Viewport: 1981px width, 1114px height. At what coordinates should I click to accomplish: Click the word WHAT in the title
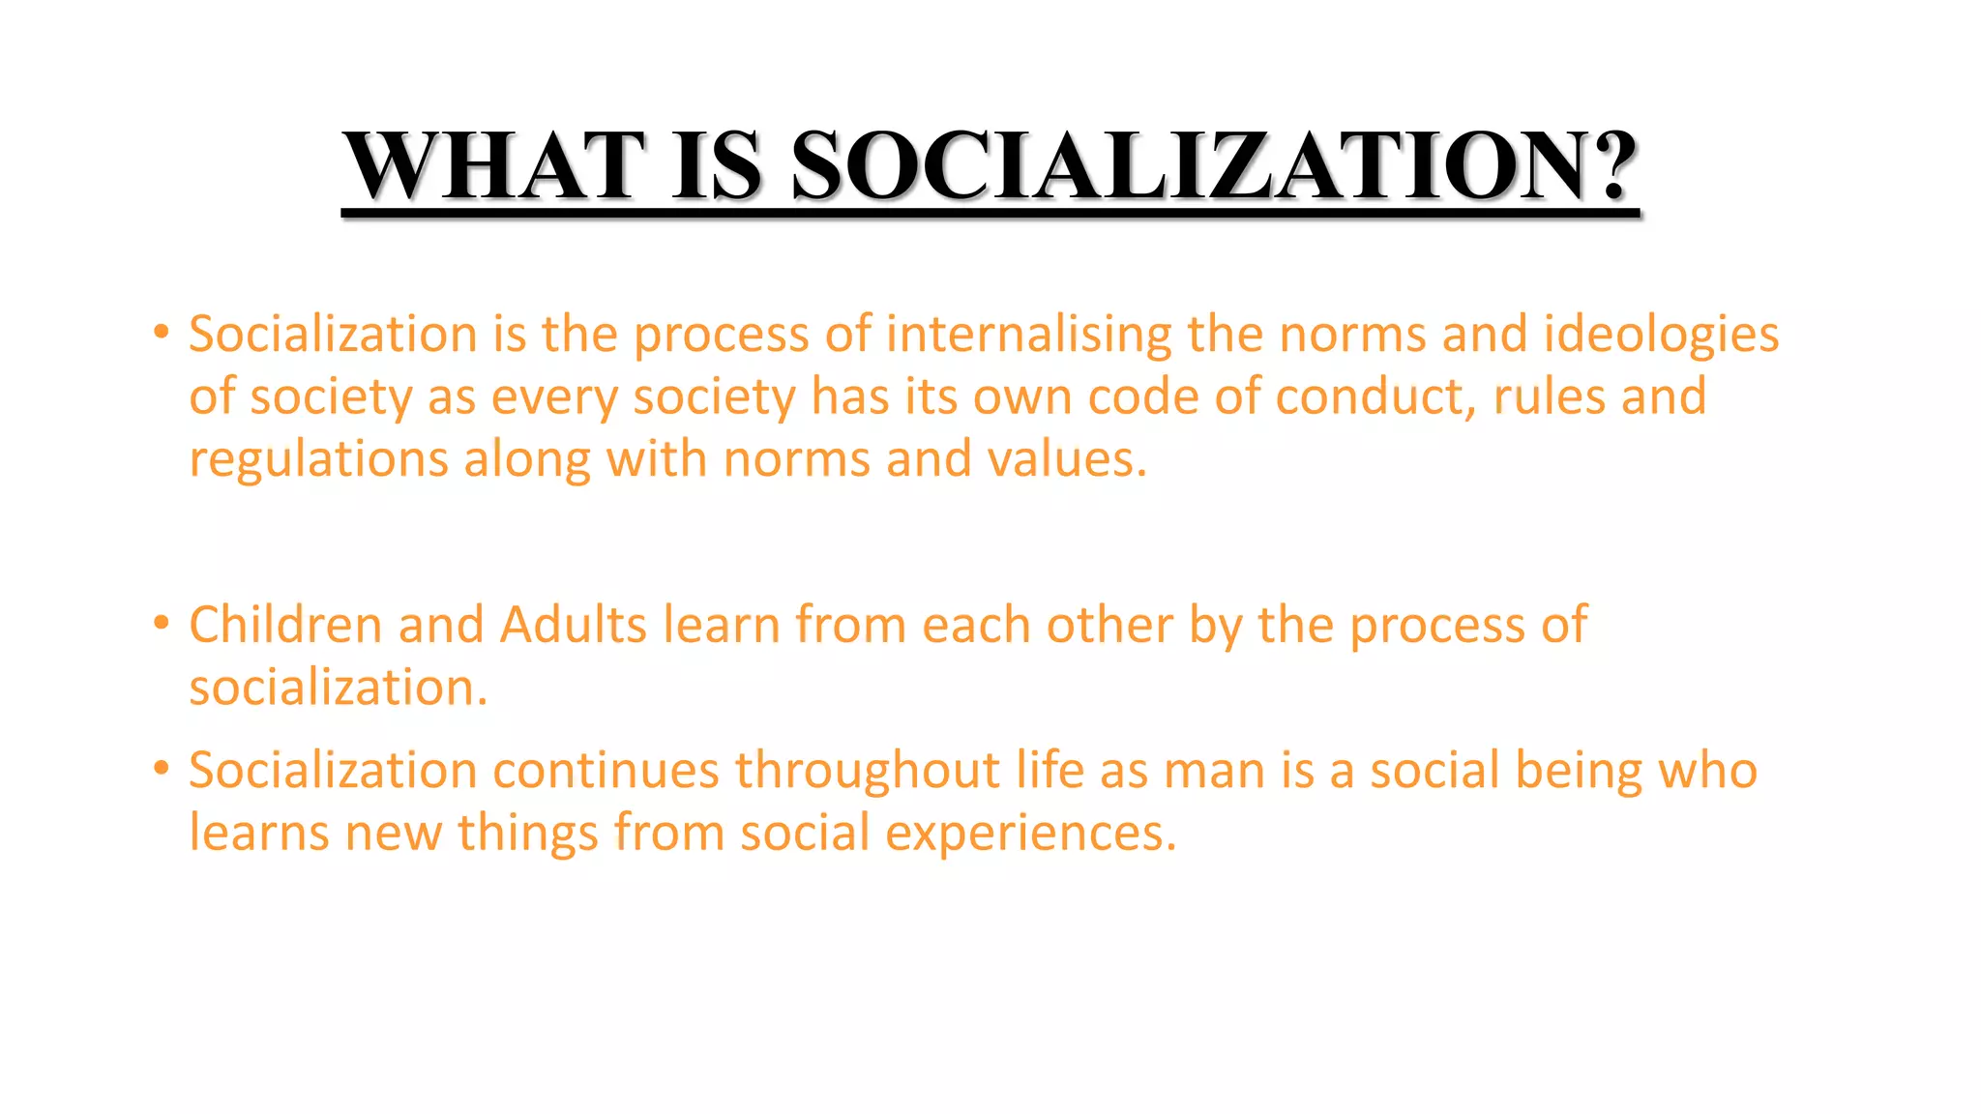click(x=494, y=165)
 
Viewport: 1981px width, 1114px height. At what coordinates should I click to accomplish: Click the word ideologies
click(x=1661, y=336)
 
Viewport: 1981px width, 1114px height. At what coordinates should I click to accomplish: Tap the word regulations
click(x=318, y=459)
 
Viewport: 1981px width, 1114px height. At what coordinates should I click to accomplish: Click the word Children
click(x=285, y=625)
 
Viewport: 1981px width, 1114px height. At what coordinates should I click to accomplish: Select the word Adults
click(x=573, y=625)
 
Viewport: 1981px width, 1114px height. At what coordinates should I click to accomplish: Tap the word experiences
click(x=1030, y=834)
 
